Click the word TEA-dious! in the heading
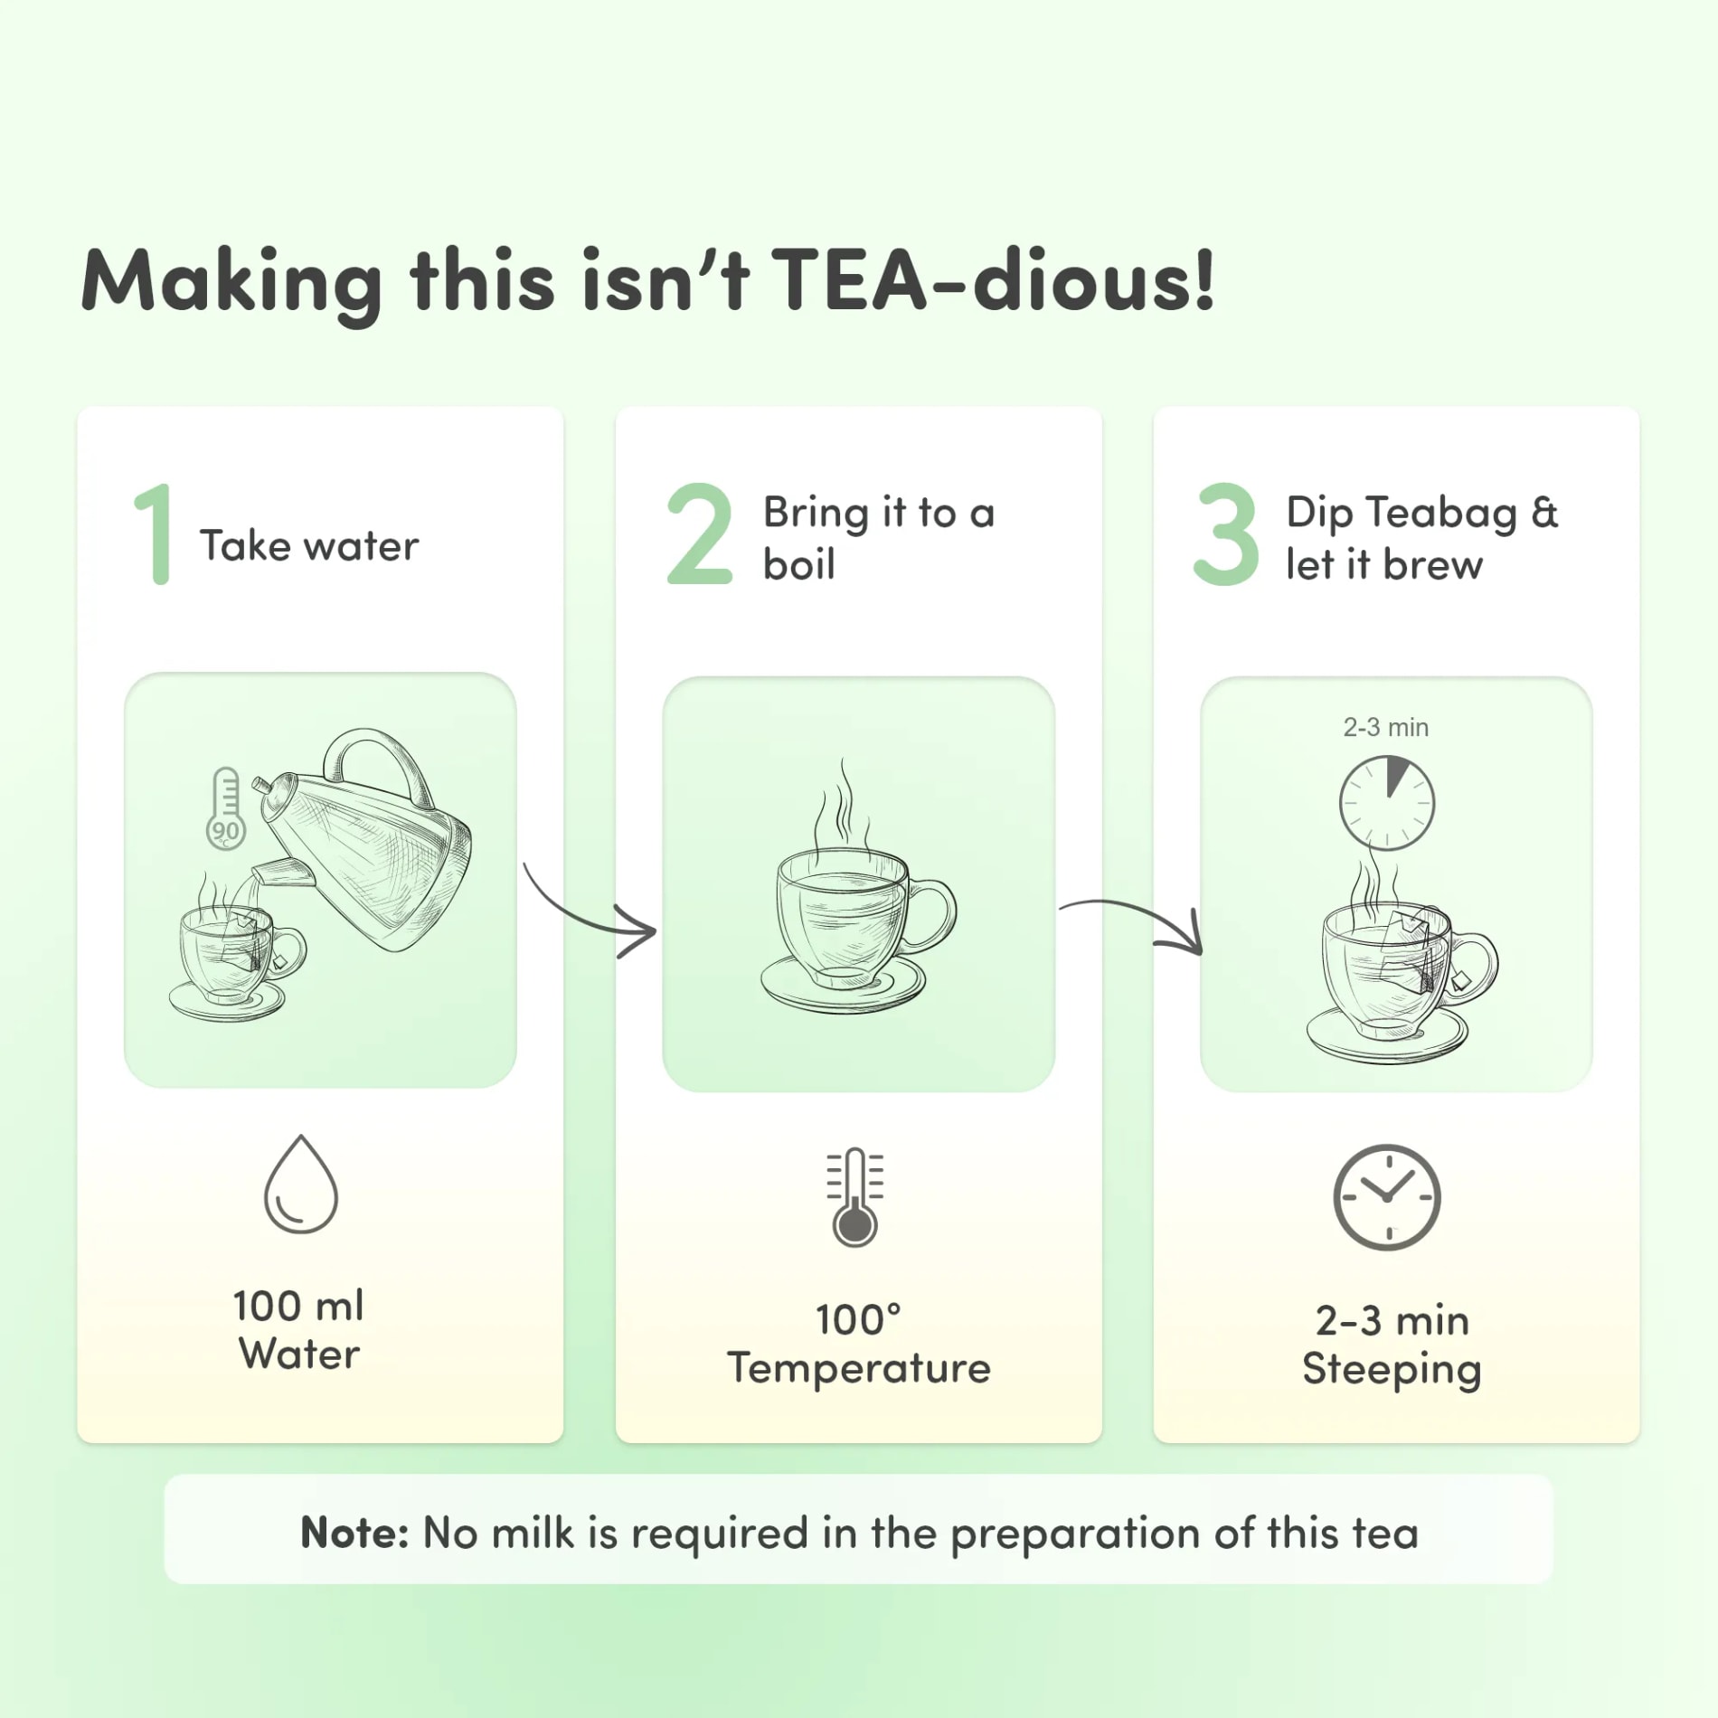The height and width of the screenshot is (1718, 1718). point(993,280)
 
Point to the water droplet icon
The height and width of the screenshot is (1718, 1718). point(301,1184)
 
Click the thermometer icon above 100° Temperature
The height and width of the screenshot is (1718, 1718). point(855,1197)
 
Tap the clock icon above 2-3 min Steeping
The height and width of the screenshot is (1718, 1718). point(1387,1197)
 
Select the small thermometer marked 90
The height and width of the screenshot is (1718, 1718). point(225,808)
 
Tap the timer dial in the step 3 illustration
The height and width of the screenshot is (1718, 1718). point(1386,803)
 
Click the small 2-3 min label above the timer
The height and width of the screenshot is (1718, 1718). point(1385,727)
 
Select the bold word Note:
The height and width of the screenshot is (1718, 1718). point(354,1534)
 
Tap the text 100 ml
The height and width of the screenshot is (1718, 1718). point(298,1306)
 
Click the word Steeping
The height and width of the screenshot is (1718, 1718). point(1392,1370)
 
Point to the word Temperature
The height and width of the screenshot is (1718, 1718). point(859,1368)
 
